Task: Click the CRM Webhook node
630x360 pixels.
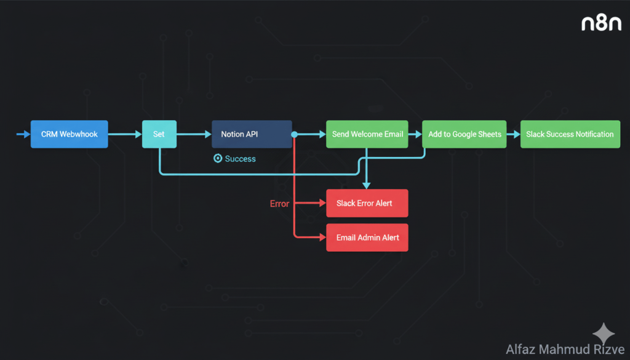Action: click(69, 134)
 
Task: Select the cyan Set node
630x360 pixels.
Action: click(159, 134)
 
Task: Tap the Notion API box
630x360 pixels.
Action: click(252, 134)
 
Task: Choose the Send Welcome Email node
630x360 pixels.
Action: click(367, 134)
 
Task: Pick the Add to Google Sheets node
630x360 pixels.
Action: click(465, 134)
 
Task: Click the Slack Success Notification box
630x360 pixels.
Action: click(570, 134)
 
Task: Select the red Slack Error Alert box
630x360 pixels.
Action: click(367, 203)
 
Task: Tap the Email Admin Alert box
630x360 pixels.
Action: click(367, 238)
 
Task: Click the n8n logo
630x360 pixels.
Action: click(601, 23)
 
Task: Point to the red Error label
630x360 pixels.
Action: click(279, 204)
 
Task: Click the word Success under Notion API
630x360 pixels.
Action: click(240, 159)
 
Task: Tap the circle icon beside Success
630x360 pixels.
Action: click(218, 159)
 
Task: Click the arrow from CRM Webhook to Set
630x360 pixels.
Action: click(125, 134)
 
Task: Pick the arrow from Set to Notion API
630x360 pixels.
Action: click(194, 134)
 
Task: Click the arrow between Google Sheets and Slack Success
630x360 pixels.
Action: click(514, 134)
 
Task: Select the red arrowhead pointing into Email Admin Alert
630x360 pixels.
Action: click(321, 237)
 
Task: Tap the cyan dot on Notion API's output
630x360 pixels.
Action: click(294, 134)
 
